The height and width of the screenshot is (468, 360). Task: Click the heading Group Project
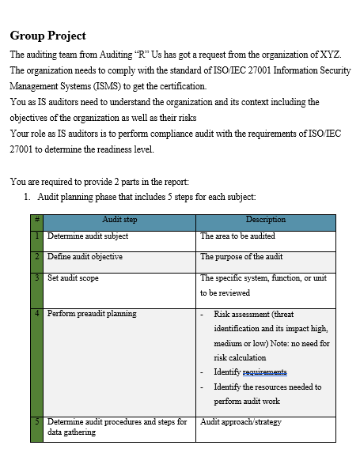(x=48, y=36)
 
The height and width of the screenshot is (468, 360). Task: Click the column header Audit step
(x=119, y=220)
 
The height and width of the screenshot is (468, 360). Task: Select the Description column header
(x=265, y=220)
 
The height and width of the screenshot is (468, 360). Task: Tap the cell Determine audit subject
(x=88, y=236)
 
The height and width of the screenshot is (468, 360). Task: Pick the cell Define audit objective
(x=85, y=257)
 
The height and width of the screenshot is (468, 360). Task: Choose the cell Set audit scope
(x=74, y=278)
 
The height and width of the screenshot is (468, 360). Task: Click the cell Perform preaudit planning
(x=92, y=314)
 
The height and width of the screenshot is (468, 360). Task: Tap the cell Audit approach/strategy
(x=241, y=422)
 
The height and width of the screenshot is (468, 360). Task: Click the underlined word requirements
(x=264, y=372)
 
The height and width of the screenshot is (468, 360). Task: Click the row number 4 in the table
(x=36, y=314)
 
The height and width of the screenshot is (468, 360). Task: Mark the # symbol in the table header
(x=36, y=220)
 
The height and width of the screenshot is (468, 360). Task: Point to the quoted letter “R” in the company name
(x=122, y=55)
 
